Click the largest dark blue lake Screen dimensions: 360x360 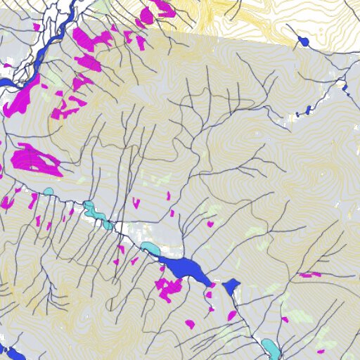[x=184, y=268]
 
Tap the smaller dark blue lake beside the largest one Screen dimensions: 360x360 [x=231, y=286]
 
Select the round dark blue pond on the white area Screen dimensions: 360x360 [x=304, y=42]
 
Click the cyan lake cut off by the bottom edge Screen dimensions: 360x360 [x=271, y=348]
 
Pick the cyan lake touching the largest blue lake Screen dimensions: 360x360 [x=150, y=248]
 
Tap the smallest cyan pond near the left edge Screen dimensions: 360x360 [x=48, y=191]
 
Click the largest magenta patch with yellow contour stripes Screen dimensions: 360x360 [x=35, y=160]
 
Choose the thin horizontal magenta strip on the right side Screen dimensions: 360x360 [x=309, y=274]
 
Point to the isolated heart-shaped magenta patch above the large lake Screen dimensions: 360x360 [x=210, y=224]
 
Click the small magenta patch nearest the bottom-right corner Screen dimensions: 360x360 [x=321, y=351]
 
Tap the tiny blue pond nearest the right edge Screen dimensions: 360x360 [x=345, y=88]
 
